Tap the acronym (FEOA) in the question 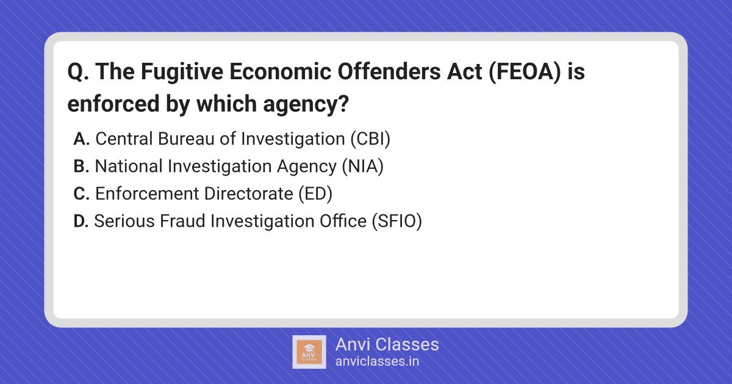coord(525,71)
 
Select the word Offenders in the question coord(389,71)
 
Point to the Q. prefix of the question coord(78,72)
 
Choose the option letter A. coord(81,139)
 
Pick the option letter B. coord(81,166)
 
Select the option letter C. coord(82,194)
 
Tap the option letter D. coord(81,221)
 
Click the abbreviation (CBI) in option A coord(370,139)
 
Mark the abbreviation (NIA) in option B coord(363,166)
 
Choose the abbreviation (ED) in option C coord(315,194)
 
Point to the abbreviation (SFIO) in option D coord(396,221)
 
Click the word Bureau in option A coord(185,139)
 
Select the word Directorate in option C coord(248,194)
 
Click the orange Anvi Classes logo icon coord(309,352)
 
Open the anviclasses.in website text coord(377,361)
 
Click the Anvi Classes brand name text coord(387,344)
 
